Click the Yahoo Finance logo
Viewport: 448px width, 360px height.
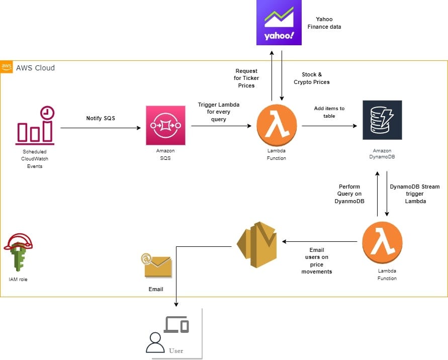click(x=279, y=23)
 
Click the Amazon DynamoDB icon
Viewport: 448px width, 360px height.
click(x=382, y=120)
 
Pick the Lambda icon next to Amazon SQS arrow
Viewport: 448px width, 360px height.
click(x=277, y=125)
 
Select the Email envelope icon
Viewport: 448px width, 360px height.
click(x=156, y=265)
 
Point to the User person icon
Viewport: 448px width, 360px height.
click(x=154, y=342)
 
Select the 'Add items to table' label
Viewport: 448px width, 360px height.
click(x=330, y=112)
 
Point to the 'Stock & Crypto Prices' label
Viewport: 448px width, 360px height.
click(x=312, y=78)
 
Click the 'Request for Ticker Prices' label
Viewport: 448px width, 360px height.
click(x=246, y=78)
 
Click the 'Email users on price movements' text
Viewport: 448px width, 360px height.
click(x=317, y=260)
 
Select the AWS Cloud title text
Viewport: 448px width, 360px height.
click(x=35, y=68)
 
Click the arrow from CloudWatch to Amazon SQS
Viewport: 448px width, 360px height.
click(x=101, y=128)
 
